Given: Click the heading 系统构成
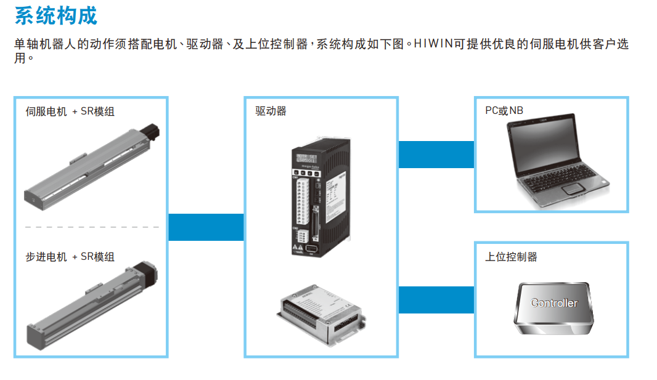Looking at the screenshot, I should [x=55, y=16].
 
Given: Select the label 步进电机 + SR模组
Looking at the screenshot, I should [x=70, y=257].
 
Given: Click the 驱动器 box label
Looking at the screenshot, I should [x=271, y=111].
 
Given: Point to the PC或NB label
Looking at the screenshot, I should [x=504, y=111].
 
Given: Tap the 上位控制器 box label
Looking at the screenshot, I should [x=511, y=257].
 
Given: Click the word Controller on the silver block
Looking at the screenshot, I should [x=554, y=303].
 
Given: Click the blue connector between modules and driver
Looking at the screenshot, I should [x=206, y=227].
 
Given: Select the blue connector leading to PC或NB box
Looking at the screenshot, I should [x=436, y=154].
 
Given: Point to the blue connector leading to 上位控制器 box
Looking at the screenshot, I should [x=436, y=300].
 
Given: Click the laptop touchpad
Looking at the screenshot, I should [x=573, y=188].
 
